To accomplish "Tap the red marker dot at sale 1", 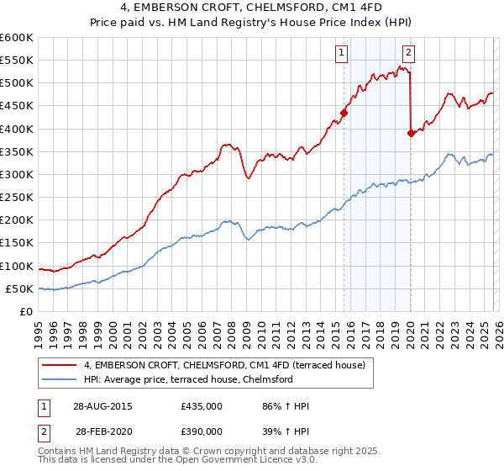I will pos(344,112).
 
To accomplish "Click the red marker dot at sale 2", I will pos(411,133).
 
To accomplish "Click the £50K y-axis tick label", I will pos(19,288).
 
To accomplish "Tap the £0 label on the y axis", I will pos(27,311).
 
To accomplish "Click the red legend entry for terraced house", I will pos(224,366).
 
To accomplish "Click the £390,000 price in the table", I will pos(202,430).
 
